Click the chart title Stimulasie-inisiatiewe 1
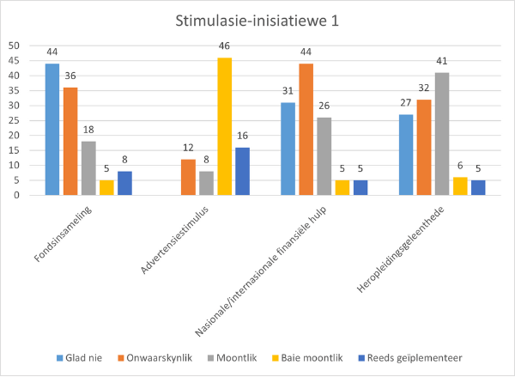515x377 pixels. (x=257, y=21)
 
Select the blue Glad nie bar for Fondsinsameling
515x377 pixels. (x=52, y=129)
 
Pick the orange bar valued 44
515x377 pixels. (x=305, y=129)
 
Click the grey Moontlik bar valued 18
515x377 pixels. (x=88, y=167)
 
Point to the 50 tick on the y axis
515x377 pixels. (x=14, y=46)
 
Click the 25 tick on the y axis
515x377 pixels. (x=14, y=120)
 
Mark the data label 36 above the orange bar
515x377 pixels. (x=70, y=76)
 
